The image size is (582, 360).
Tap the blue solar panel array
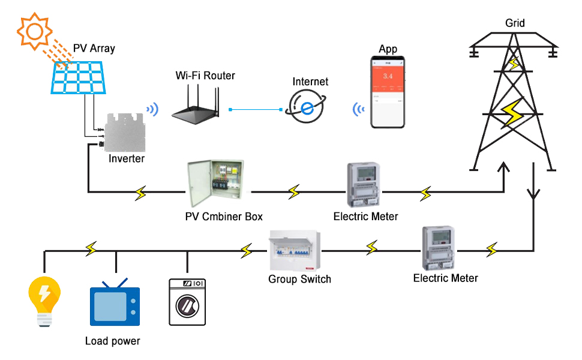tap(80, 79)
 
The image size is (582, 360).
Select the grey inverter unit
tap(125, 133)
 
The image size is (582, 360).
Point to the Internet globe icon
tap(307, 108)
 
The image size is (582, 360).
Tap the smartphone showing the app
tap(388, 92)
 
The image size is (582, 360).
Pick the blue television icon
tap(115, 305)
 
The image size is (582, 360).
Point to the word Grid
tap(515, 23)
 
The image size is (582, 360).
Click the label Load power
tap(112, 341)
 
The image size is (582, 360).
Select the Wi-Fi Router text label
tap(205, 76)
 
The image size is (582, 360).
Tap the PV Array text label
tap(94, 49)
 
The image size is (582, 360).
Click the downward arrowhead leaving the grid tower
tap(533, 196)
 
